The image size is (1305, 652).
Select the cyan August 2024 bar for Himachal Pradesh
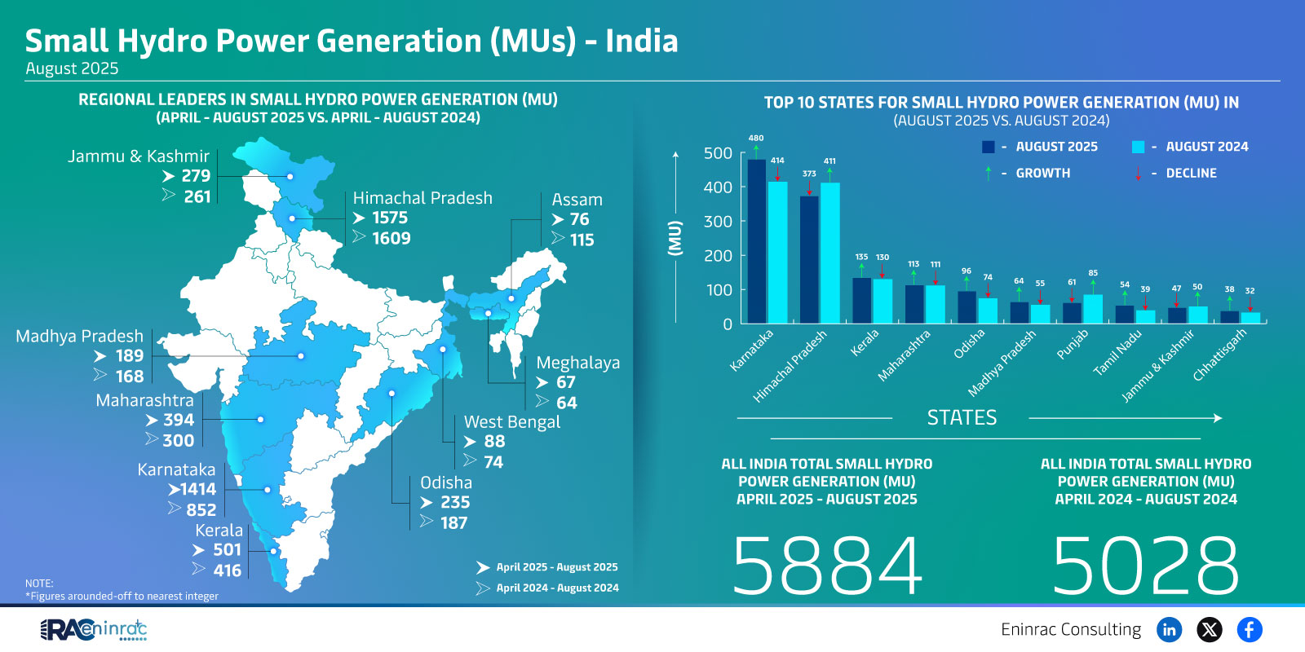click(829, 253)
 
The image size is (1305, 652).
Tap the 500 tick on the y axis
click(718, 153)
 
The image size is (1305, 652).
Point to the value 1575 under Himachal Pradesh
click(390, 218)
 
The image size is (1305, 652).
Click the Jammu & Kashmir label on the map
click(138, 156)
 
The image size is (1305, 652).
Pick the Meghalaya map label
click(577, 363)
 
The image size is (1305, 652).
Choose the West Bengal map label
click(512, 422)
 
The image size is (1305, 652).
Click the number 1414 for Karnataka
click(197, 489)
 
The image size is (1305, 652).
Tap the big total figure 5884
click(827, 566)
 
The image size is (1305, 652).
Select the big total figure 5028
click(1146, 566)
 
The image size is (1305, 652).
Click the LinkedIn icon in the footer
click(1170, 629)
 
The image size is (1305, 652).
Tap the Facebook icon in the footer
click(1249, 629)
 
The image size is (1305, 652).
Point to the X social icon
click(1210, 629)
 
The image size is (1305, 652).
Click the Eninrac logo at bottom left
click(94, 629)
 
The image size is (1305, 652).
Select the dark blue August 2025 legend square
click(989, 147)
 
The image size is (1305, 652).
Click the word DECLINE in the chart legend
click(1191, 174)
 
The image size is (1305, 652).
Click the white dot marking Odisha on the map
click(391, 393)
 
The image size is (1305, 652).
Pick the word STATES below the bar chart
click(962, 418)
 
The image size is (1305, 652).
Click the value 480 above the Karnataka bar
click(756, 139)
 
